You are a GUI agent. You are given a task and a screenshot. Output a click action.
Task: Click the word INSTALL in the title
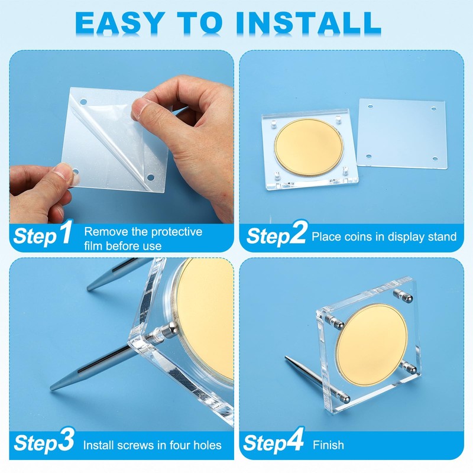[307, 22]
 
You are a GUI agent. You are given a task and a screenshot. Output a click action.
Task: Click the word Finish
[328, 445]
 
